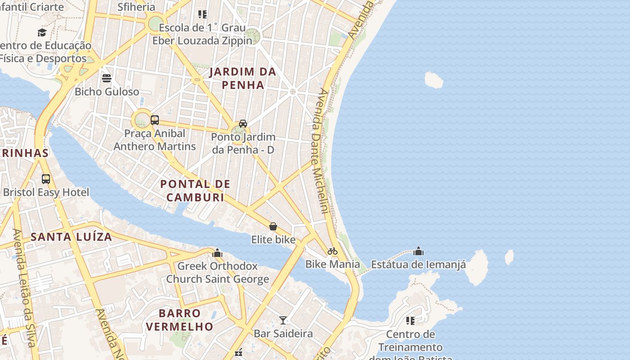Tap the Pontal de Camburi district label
pyautogui.click(x=195, y=190)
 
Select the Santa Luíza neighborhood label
pyautogui.click(x=71, y=237)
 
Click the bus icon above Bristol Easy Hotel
pyautogui.click(x=46, y=179)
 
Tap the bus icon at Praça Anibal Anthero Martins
pyautogui.click(x=155, y=120)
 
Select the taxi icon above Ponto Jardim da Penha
pyautogui.click(x=243, y=123)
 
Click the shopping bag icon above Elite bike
pyautogui.click(x=273, y=226)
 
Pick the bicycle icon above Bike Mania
pyautogui.click(x=333, y=251)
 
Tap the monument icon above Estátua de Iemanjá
pyautogui.click(x=418, y=251)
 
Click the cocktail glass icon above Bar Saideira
pyautogui.click(x=283, y=320)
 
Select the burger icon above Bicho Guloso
pyautogui.click(x=107, y=78)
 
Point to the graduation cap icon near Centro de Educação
pyautogui.click(x=42, y=32)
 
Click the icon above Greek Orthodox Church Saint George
pyautogui.click(x=218, y=253)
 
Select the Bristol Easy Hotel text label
pyautogui.click(x=46, y=193)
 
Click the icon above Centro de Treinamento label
pyautogui.click(x=410, y=320)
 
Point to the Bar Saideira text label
pyautogui.click(x=283, y=333)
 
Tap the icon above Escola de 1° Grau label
pyautogui.click(x=202, y=14)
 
